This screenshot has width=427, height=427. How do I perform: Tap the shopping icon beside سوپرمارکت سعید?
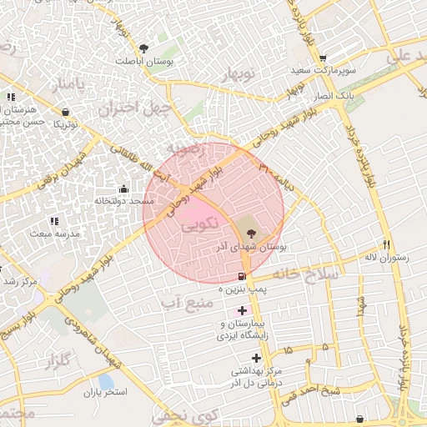coord(393,57)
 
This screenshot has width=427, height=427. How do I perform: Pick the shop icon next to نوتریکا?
coord(65,111)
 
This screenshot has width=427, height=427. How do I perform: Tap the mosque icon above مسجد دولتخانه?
coord(124,188)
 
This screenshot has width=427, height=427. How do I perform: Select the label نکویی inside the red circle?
coord(197,223)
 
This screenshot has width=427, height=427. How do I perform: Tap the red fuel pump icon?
coord(242,275)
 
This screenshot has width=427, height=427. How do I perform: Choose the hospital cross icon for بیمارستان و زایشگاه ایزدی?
coord(242,310)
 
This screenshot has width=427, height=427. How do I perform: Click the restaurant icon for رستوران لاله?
coord(386,244)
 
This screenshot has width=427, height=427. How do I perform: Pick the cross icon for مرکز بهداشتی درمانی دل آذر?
coord(256,358)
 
